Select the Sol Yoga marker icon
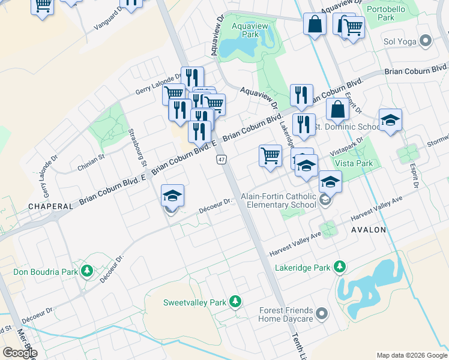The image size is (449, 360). coord(426,41)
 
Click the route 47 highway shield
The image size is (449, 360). coord(221,159)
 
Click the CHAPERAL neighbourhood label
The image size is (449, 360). coord(50,206)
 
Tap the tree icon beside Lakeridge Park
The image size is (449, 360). coord(340,266)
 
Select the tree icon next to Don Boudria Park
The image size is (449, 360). coord(87,272)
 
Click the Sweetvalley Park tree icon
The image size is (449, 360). coord(237,302)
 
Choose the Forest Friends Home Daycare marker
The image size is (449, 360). coord(322,314)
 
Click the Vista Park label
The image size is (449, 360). coord(354,163)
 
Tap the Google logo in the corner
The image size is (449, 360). coord(20,352)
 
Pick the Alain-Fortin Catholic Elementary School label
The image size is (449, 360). coord(278,200)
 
